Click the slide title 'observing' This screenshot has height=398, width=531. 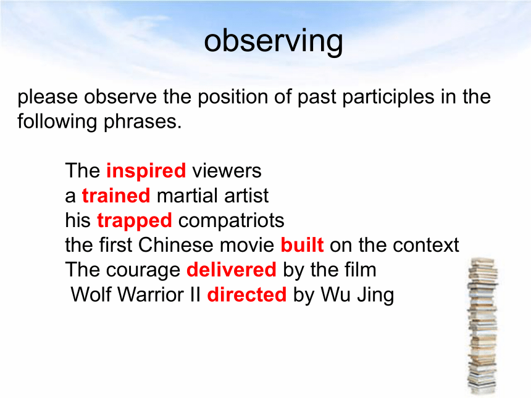click(274, 42)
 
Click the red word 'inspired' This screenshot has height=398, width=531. click(146, 171)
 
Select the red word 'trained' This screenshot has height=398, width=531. click(116, 196)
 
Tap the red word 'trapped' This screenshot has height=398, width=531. click(135, 221)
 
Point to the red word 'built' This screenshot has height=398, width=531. click(302, 245)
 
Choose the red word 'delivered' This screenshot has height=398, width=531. click(232, 270)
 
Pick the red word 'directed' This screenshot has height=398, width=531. click(246, 294)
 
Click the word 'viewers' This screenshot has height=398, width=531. click(227, 171)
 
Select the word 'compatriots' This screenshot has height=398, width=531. click(232, 221)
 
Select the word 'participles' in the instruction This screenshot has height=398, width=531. click(388, 97)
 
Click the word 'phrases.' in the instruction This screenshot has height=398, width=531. click(142, 122)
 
